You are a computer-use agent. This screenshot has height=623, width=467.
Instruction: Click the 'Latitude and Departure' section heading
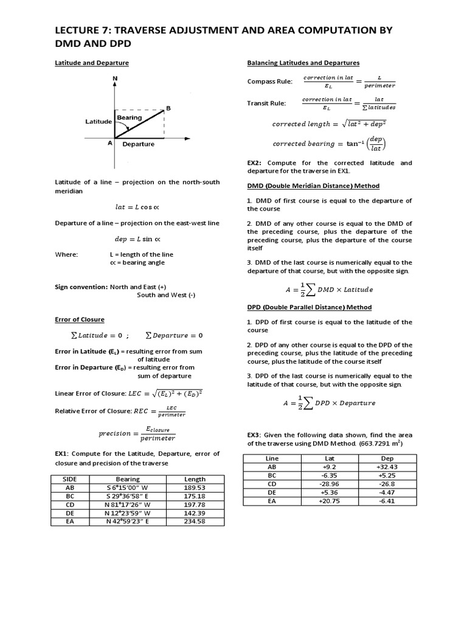[91, 63]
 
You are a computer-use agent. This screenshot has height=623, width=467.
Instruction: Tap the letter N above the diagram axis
[115, 79]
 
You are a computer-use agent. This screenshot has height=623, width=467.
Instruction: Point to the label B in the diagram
[168, 108]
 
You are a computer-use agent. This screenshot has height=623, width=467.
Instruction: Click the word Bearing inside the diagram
[130, 117]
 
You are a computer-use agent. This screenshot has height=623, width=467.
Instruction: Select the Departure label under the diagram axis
[138, 145]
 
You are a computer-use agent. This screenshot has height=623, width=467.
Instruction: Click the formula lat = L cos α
[137, 207]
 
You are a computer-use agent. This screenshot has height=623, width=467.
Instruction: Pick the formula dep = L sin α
[137, 239]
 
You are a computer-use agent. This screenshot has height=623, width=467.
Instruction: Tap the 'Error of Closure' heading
[80, 319]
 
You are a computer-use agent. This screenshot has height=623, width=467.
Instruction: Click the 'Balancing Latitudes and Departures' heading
[303, 63]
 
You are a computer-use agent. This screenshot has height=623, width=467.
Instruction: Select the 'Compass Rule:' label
[269, 82]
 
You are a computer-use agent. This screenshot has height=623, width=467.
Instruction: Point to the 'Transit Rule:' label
[266, 103]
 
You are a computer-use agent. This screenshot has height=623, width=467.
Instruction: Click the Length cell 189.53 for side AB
[195, 487]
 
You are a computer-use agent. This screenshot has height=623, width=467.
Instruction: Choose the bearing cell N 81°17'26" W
[128, 504]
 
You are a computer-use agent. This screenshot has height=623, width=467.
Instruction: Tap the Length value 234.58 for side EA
[195, 521]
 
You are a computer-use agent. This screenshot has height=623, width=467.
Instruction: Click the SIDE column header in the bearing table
[69, 479]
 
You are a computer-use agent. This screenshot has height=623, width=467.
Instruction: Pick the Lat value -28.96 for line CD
[330, 484]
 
